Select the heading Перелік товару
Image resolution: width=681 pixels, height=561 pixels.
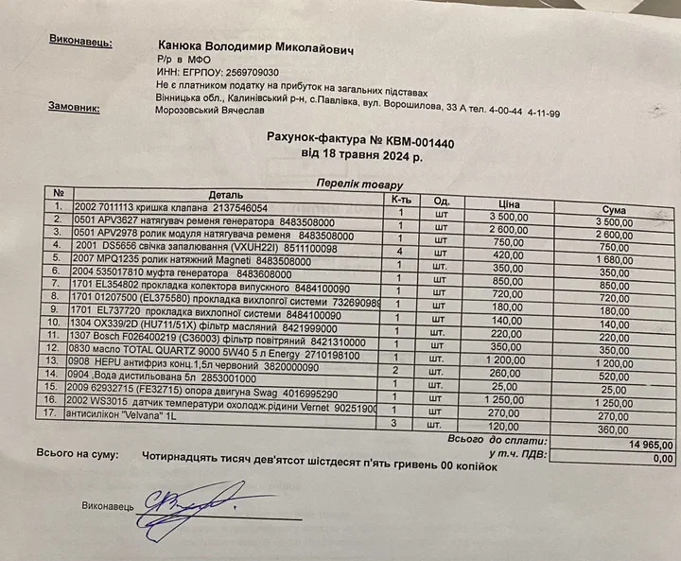pos(359,184)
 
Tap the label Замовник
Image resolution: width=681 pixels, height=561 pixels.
pos(74,107)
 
